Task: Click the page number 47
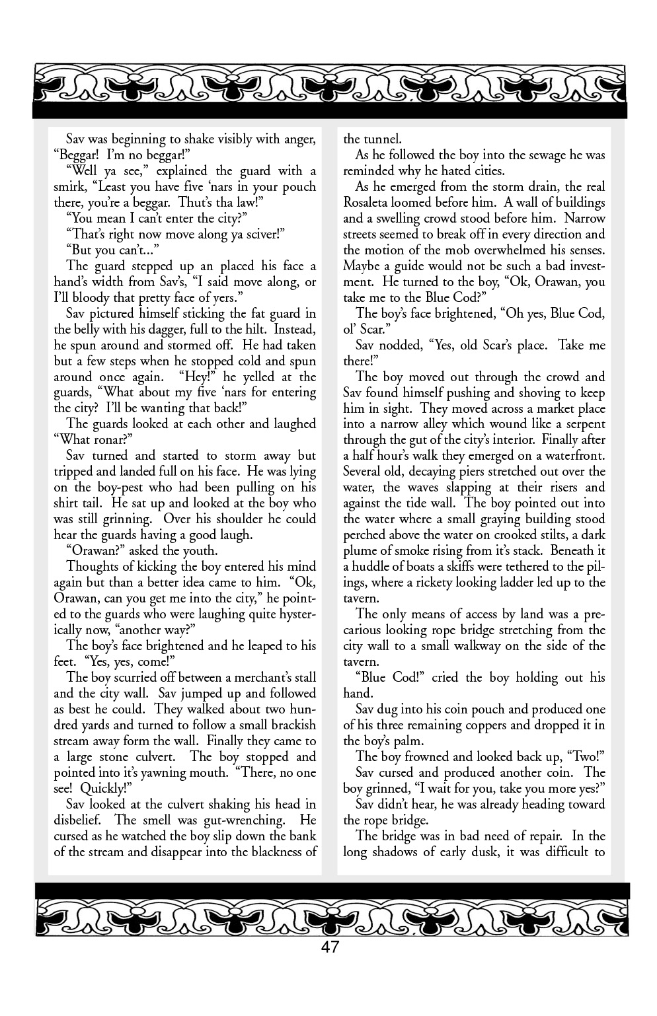click(329, 948)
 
